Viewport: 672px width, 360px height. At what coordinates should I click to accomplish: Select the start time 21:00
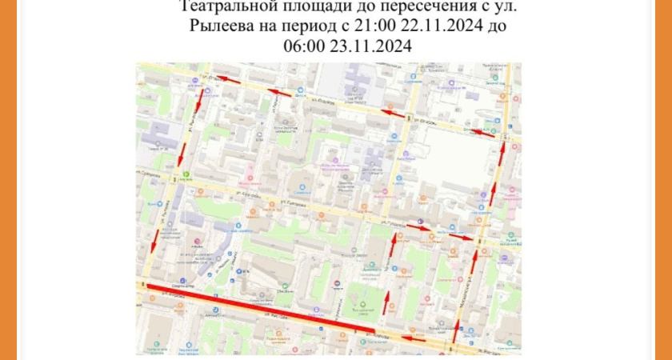point(370,27)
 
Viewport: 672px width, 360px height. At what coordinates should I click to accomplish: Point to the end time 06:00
point(307,46)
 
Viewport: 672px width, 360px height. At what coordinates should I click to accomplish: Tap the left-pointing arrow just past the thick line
point(413,338)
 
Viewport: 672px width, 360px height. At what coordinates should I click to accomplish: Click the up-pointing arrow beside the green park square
point(386,302)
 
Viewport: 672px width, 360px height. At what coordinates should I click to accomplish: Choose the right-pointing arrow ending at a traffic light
point(461,237)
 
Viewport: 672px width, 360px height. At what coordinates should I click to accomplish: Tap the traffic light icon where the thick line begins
point(142,285)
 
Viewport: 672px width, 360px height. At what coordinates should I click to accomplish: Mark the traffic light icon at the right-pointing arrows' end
point(478,240)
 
